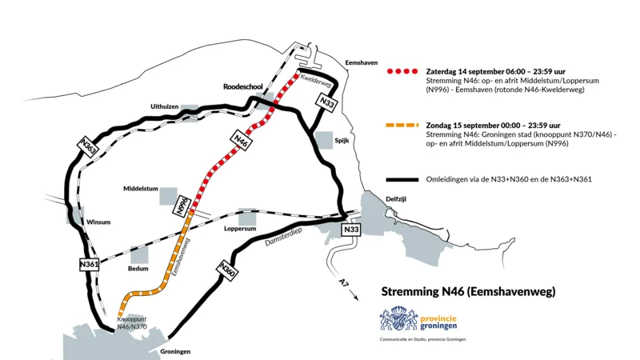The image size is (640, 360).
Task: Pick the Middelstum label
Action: pyautogui.click(x=141, y=190)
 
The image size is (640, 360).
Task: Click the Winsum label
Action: pyautogui.click(x=99, y=222)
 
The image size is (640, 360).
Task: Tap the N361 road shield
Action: pyautogui.click(x=90, y=265)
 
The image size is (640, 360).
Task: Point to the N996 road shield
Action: pyautogui.click(x=182, y=204)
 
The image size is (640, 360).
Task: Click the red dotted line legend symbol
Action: pyautogui.click(x=402, y=71)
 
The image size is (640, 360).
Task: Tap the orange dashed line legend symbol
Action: pyautogui.click(x=402, y=126)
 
